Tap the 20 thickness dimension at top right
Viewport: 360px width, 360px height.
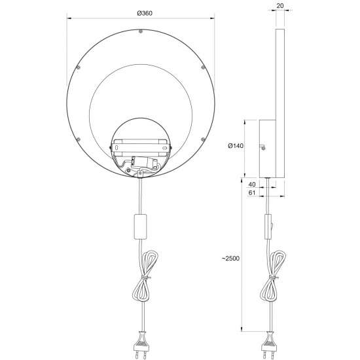[x=279, y=6]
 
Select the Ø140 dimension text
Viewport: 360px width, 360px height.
[x=236, y=146]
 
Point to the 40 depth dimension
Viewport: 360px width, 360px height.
[x=252, y=185]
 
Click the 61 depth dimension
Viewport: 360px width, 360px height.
[x=252, y=193]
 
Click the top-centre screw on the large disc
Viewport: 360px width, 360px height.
[x=141, y=30]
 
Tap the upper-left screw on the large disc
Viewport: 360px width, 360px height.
[x=79, y=67]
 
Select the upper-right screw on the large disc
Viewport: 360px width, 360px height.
[x=204, y=67]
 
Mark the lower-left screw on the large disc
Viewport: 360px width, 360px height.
[x=79, y=139]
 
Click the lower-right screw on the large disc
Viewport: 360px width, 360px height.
[x=204, y=139]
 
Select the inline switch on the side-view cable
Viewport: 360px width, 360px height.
[x=267, y=227]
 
